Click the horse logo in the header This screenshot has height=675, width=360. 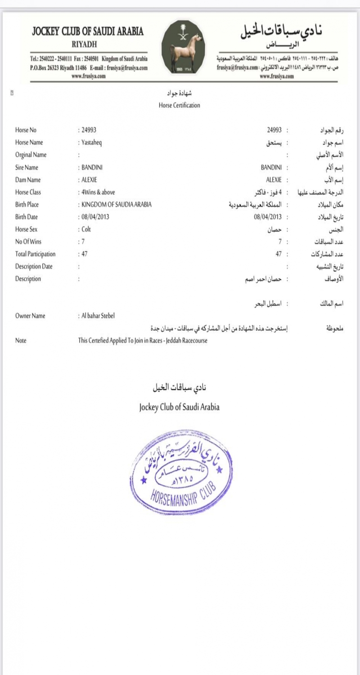point(183,47)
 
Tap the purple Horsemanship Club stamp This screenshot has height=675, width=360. point(181,472)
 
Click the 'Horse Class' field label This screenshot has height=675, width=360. point(28,192)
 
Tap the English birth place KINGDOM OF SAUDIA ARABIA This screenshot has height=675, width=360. point(116,204)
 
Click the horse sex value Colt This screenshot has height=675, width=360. point(86,229)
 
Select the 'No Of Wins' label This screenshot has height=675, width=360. point(28,242)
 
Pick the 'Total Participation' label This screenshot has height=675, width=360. point(35,254)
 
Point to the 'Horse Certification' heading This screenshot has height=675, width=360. point(179,105)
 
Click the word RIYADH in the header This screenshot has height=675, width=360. point(84,45)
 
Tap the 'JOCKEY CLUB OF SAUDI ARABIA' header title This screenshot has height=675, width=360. point(88,31)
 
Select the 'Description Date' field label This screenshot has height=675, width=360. point(34,266)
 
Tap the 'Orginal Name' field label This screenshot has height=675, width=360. point(31,155)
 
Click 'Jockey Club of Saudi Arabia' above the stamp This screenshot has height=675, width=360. point(179,407)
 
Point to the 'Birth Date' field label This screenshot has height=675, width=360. point(27,217)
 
